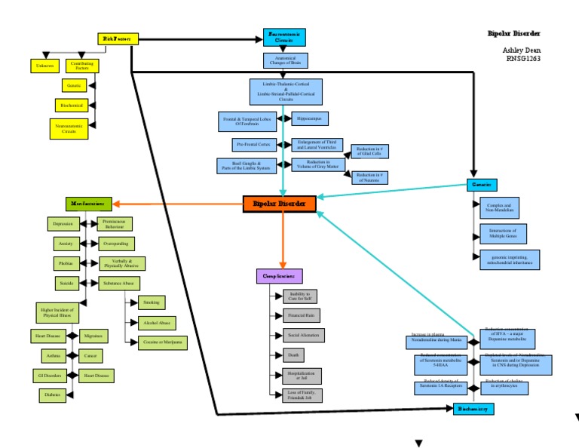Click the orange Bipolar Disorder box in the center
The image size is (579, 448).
[x=279, y=204]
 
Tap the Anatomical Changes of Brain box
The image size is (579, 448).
[x=285, y=60]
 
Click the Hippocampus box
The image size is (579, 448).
[x=309, y=118]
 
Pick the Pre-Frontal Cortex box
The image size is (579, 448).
[x=254, y=144]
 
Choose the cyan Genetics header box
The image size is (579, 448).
[x=481, y=185]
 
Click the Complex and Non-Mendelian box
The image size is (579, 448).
[x=499, y=207]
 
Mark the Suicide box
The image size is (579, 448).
[x=66, y=283]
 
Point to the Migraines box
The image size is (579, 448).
[x=94, y=335]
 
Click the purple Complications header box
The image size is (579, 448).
[x=280, y=276]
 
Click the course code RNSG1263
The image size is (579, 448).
[x=523, y=58]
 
